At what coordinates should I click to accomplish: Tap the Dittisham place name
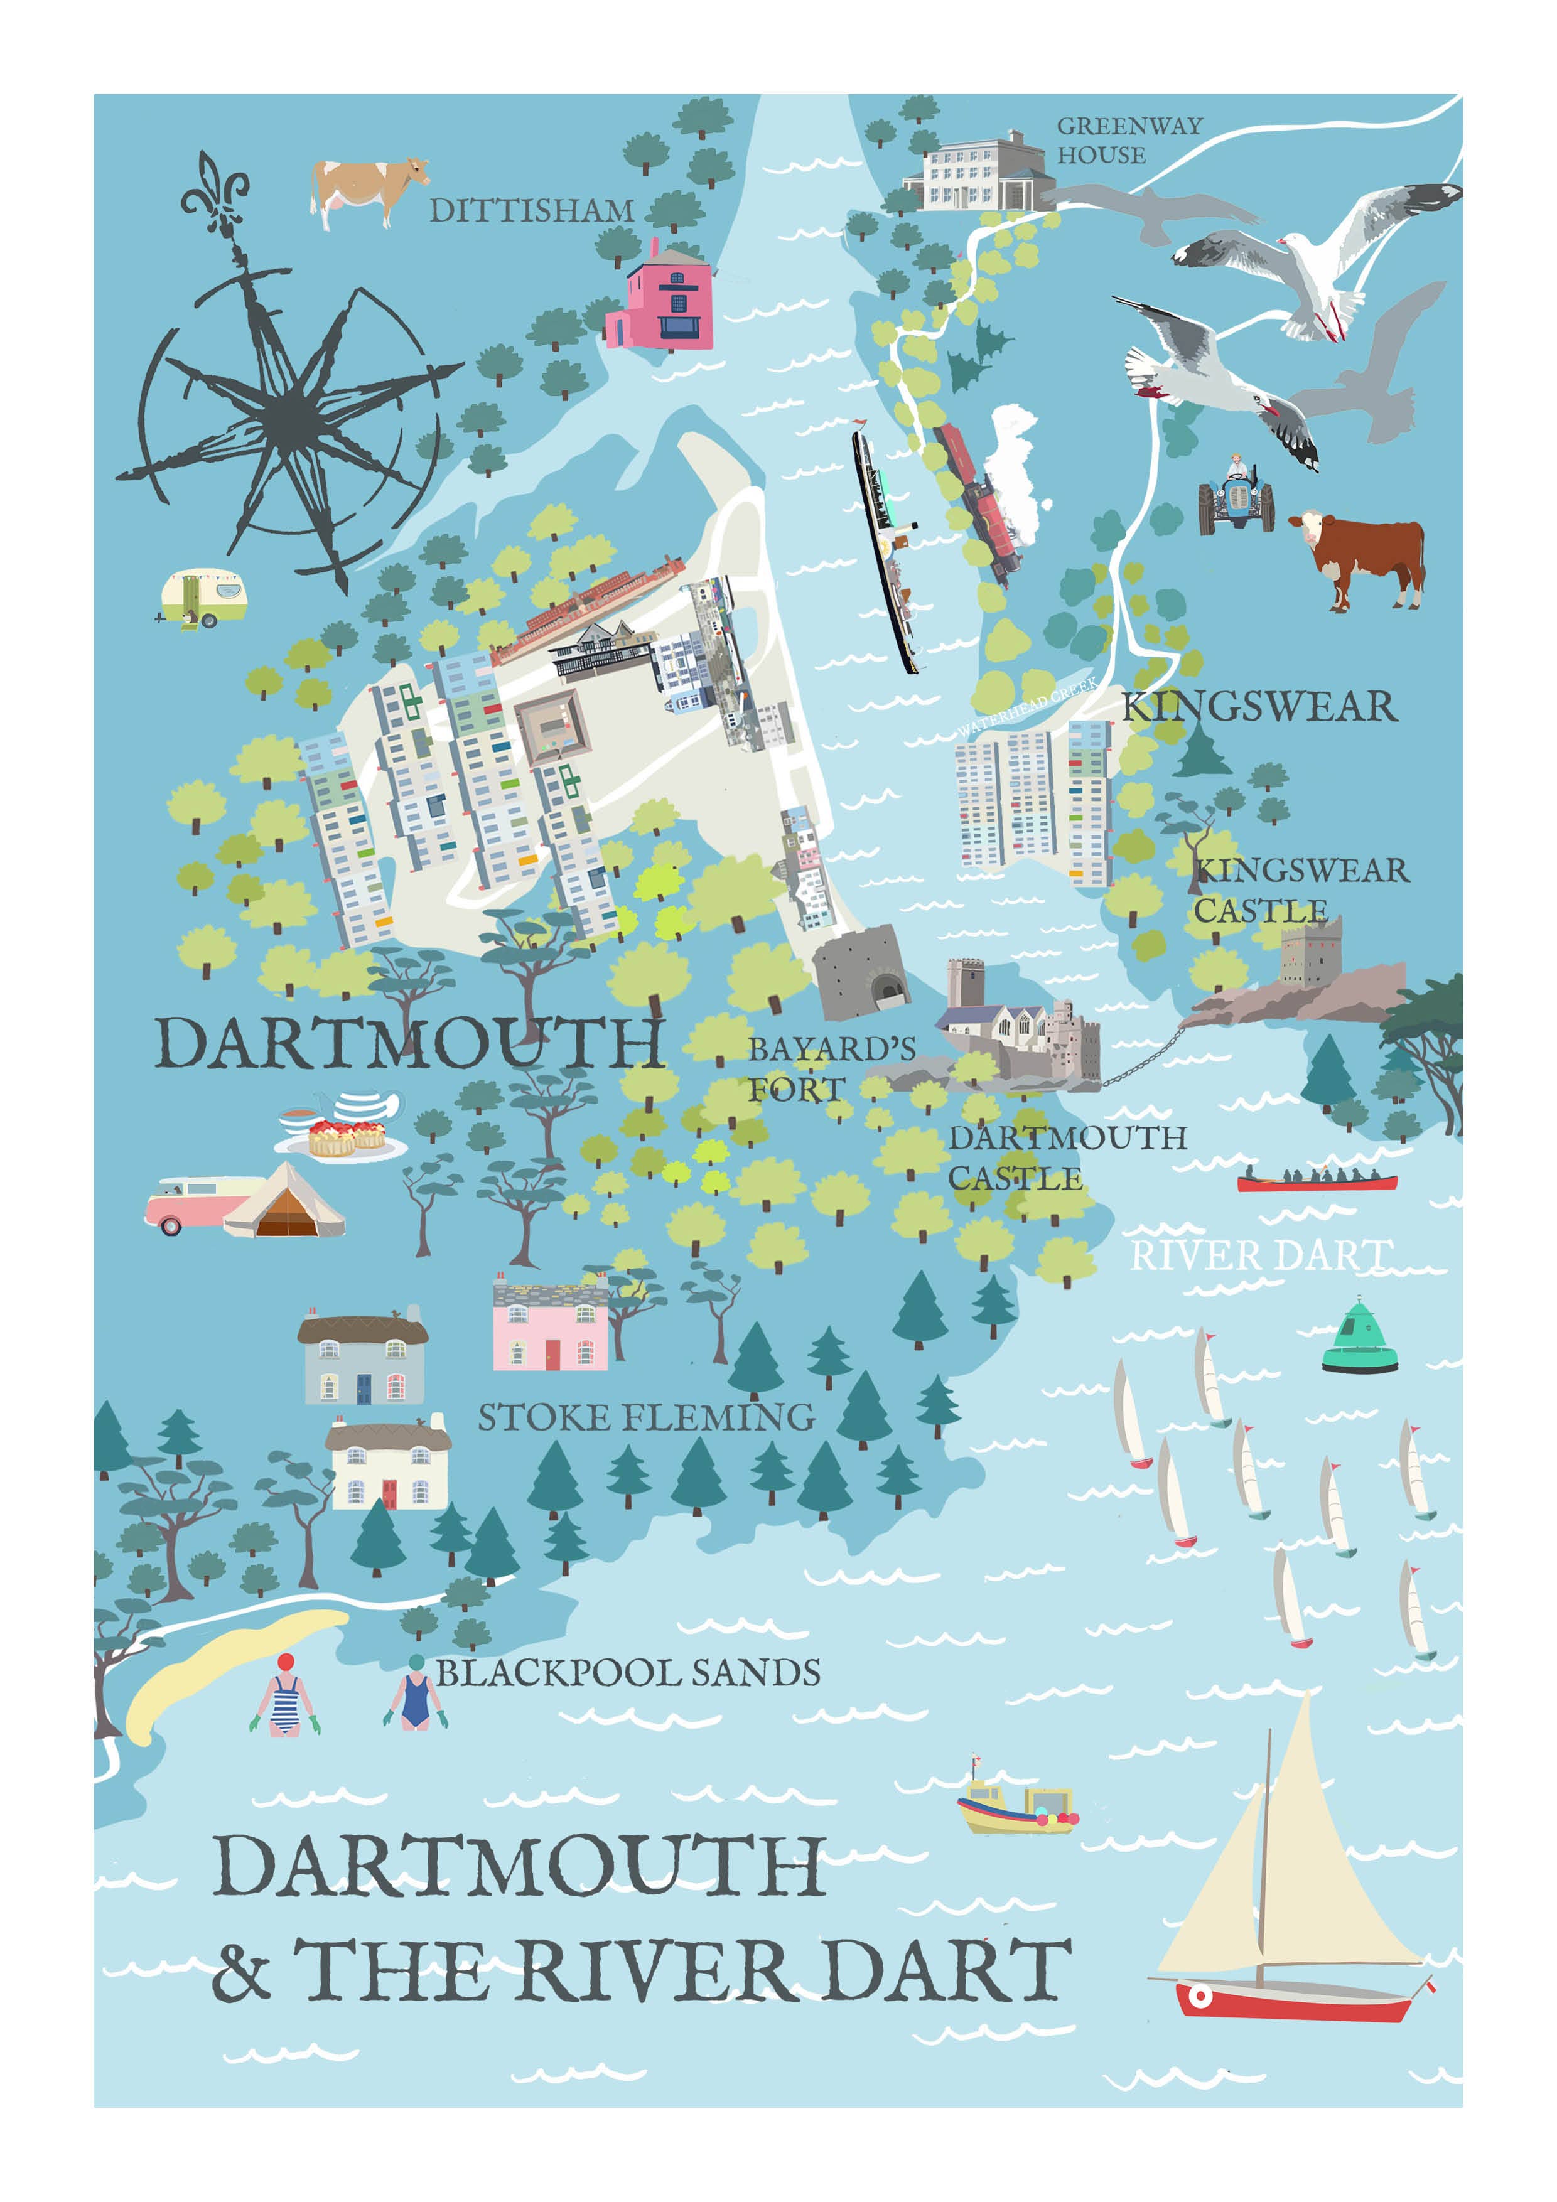click(532, 210)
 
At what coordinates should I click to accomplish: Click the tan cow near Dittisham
click(367, 191)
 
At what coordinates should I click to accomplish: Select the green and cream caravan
click(204, 598)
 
